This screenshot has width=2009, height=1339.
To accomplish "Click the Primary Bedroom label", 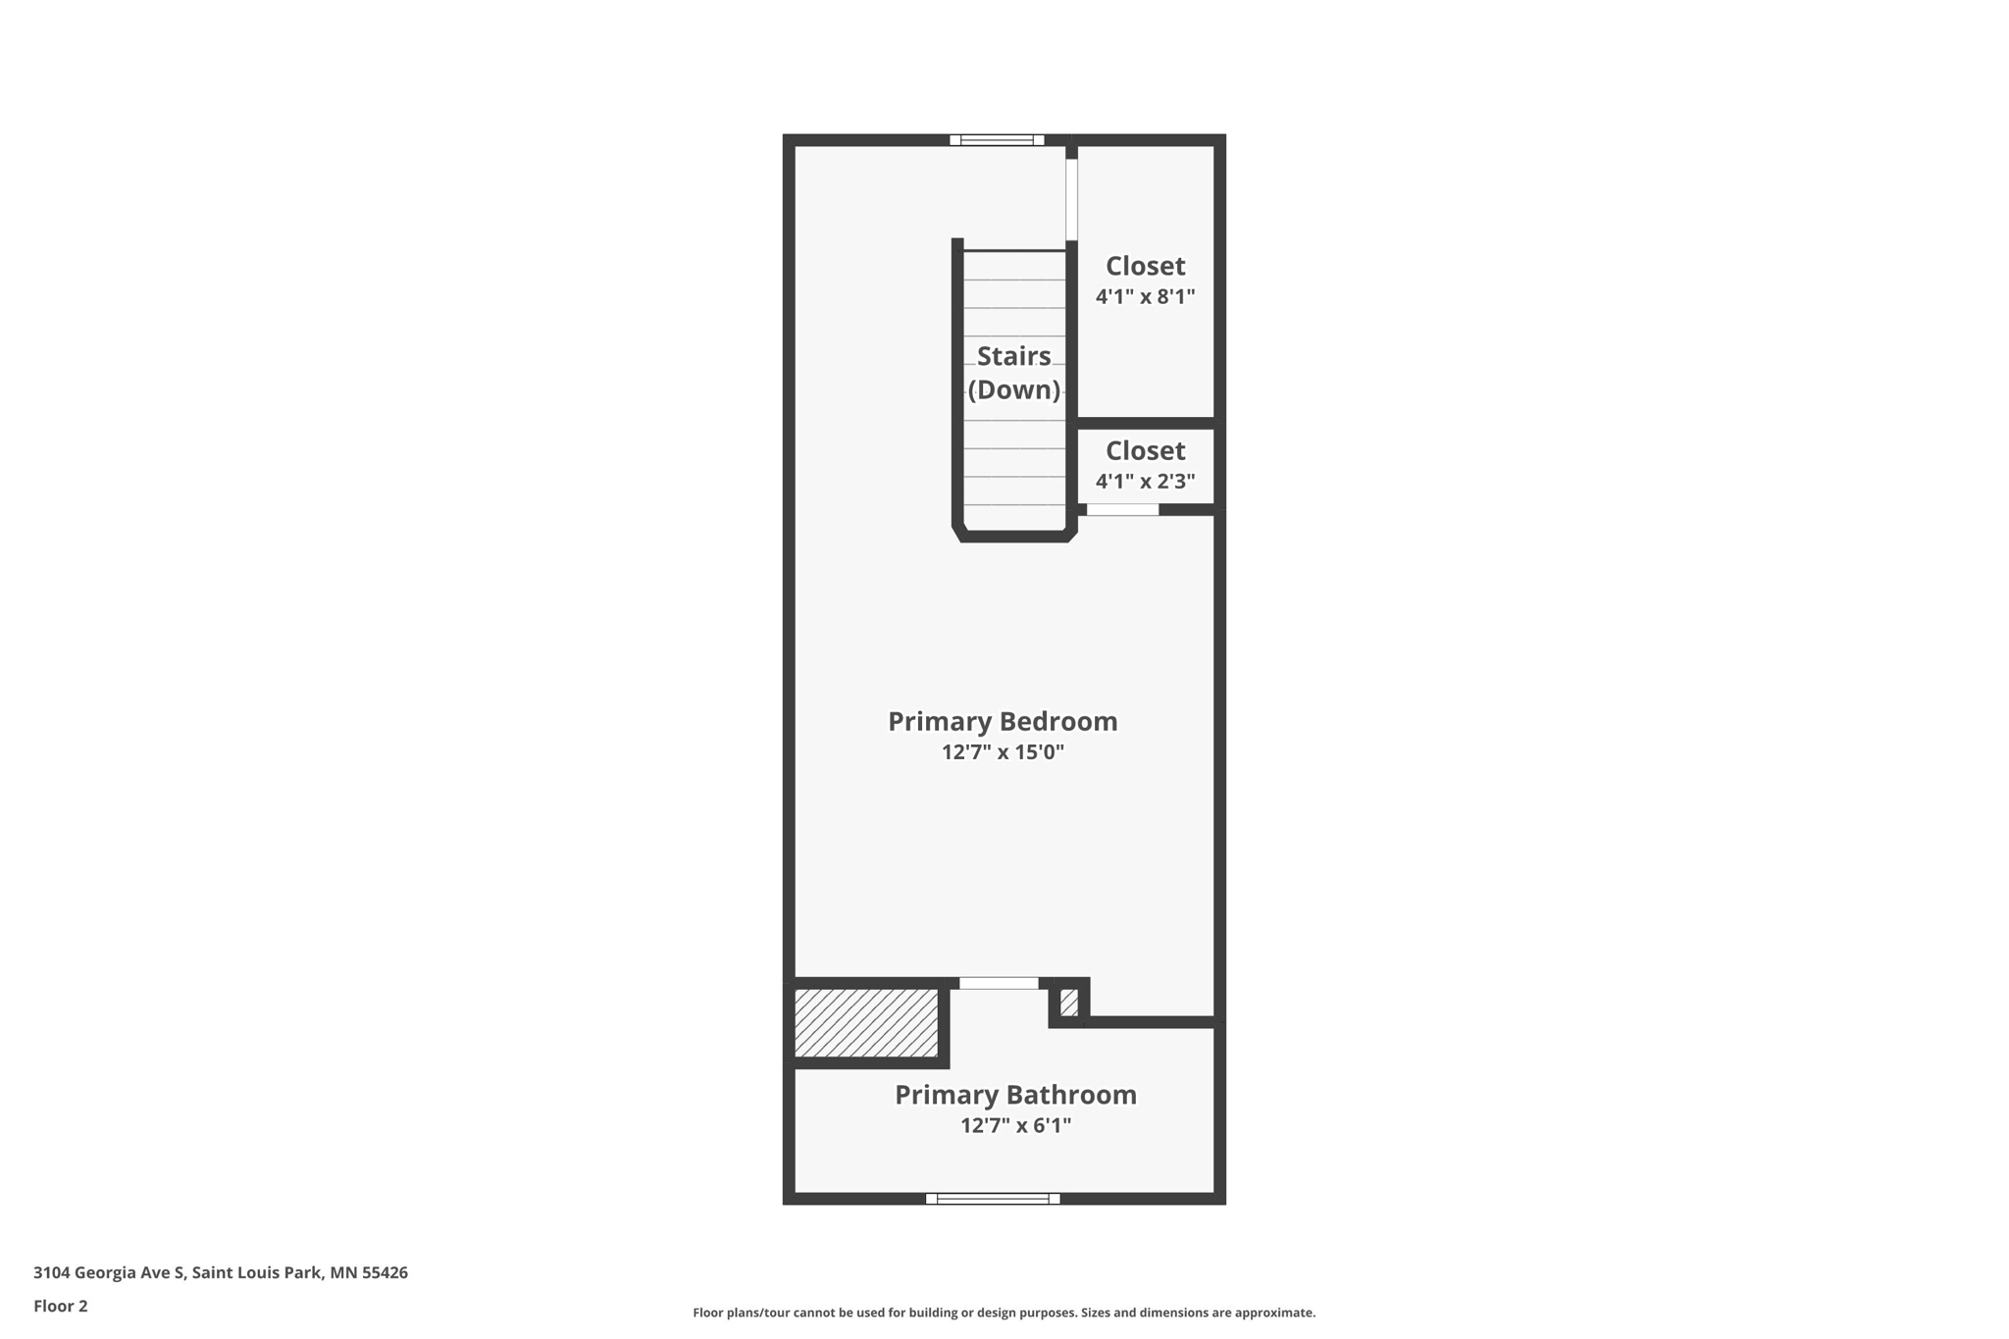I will point(1003,721).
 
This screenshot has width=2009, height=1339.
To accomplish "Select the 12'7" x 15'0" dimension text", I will point(1003,752).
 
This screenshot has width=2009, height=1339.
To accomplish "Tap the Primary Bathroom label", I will point(1015,1095).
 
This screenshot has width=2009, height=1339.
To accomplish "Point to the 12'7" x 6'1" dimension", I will point(1015,1125).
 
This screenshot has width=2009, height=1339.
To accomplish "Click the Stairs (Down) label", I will point(1013,373).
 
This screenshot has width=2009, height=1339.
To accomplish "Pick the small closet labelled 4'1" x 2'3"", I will point(1145,465).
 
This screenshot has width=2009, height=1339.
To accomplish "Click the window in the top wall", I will point(997,140).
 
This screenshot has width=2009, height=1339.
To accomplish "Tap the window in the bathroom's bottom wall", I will point(993,1198).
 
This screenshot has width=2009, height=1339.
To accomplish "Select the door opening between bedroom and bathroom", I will point(998,983).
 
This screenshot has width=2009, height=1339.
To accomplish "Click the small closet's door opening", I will point(1122,509).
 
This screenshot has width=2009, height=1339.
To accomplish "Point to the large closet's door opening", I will point(1071,199).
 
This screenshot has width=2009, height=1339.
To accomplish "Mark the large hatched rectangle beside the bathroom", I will point(866,1022).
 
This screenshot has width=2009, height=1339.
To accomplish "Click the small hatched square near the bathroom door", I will point(1069,1003).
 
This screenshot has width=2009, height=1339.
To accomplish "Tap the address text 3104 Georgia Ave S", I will point(109,1272).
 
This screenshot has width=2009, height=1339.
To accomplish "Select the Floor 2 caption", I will point(61,1306).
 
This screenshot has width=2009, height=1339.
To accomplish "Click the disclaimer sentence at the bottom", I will point(1004,1313).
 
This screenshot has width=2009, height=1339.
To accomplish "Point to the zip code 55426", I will point(385,1272).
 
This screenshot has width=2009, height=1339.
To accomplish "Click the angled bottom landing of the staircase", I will point(1014,535).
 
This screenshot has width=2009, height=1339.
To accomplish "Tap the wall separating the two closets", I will point(1146,423).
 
